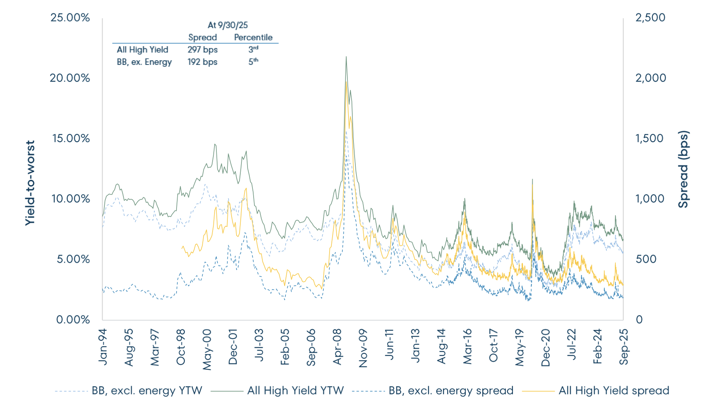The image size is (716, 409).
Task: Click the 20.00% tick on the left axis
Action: (x=70, y=78)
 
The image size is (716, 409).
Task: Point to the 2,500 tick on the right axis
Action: (x=650, y=17)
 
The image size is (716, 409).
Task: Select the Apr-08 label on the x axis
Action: (x=337, y=347)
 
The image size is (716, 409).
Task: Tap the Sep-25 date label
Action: (x=623, y=347)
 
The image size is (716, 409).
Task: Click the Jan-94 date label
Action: (x=103, y=347)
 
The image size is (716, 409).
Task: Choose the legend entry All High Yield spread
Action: (x=613, y=390)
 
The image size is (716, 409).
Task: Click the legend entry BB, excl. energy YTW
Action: (x=147, y=390)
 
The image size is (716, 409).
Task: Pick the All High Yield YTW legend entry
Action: (x=295, y=390)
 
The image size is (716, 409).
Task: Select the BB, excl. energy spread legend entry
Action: (x=451, y=390)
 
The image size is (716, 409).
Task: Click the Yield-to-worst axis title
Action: (x=30, y=183)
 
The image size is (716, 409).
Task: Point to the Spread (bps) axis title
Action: (x=683, y=169)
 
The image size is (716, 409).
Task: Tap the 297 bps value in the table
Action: (x=202, y=50)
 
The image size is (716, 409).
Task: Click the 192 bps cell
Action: (x=202, y=62)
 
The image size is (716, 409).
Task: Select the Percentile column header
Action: (x=253, y=37)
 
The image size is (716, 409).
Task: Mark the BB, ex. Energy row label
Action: (x=144, y=62)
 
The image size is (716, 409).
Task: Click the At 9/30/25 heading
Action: (x=228, y=25)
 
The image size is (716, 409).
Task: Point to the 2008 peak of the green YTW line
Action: (x=346, y=57)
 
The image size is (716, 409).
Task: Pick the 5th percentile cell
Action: (x=253, y=61)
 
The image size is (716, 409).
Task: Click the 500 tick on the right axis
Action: (x=646, y=259)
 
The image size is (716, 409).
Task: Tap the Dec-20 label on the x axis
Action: (x=545, y=348)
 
